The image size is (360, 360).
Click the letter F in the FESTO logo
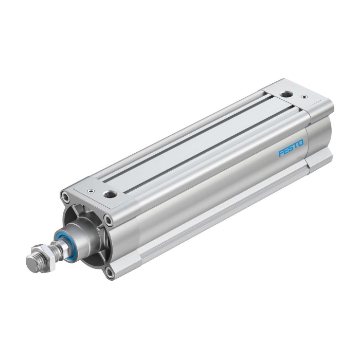pyautogui.click(x=281, y=153)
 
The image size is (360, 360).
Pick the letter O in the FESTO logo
pyautogui.click(x=300, y=143)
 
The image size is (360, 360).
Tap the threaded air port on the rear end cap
pyautogui.click(x=285, y=94)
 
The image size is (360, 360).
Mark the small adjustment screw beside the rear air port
pyautogui.click(x=304, y=97)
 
